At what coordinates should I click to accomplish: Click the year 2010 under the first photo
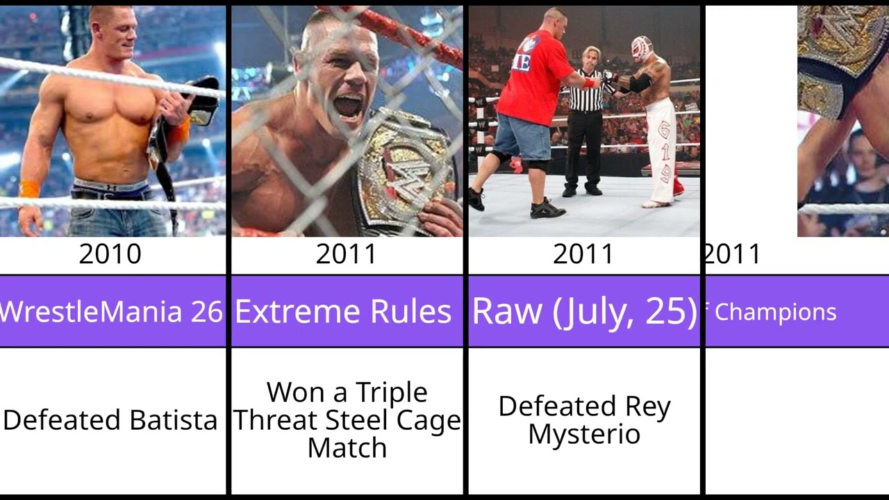110,254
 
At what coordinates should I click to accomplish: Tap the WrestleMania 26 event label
111,312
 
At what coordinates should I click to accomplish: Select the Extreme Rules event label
343,312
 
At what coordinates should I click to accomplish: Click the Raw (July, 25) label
584,311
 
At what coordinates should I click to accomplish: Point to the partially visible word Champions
775,312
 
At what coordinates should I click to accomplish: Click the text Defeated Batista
110,420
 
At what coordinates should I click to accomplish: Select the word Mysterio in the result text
584,435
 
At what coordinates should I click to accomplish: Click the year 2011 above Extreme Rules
346,254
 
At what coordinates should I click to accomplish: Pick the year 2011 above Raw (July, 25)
583,254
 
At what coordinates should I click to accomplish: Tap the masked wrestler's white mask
641,49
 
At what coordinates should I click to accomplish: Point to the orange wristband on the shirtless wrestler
29,189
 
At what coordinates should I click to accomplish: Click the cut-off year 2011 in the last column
733,254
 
